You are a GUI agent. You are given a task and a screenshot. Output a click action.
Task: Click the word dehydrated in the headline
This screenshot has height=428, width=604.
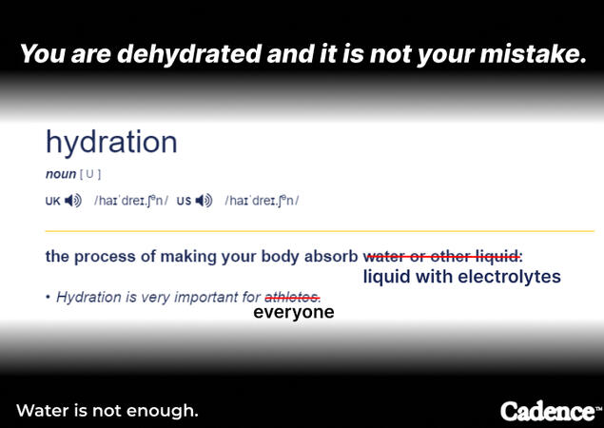click(189, 53)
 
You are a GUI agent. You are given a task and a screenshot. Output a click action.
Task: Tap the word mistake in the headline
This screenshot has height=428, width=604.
click(533, 53)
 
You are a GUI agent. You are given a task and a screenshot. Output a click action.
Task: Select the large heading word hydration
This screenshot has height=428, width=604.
click(111, 143)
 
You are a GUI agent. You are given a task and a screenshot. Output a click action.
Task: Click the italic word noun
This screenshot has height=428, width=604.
click(61, 174)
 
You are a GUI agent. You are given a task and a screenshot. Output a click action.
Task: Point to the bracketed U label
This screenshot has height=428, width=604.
click(90, 174)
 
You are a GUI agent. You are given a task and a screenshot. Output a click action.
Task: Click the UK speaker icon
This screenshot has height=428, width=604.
click(73, 201)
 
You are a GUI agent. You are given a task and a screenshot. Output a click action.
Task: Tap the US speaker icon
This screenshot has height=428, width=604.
click(204, 201)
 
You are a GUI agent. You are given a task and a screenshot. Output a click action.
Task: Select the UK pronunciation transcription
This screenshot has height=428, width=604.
click(131, 201)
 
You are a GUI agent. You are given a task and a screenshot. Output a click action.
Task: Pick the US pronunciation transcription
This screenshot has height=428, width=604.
click(262, 201)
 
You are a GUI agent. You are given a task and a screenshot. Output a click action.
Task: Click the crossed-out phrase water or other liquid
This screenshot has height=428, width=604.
click(443, 256)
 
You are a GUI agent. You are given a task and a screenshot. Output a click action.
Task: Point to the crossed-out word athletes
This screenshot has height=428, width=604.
click(292, 297)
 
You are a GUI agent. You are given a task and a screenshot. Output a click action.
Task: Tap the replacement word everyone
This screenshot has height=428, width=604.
click(294, 312)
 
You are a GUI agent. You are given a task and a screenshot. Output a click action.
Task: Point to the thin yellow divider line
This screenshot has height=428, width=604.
click(320, 231)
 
